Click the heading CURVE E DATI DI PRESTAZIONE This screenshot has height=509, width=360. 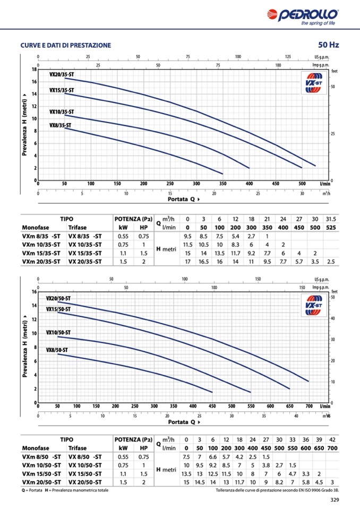click(x=66, y=46)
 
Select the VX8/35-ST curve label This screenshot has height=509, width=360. click(x=60, y=125)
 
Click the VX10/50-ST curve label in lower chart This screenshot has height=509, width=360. click(x=58, y=333)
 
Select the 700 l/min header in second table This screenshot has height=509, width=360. click(x=332, y=448)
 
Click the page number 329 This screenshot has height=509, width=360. click(x=335, y=499)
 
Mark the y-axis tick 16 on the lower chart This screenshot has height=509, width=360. click(x=33, y=292)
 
